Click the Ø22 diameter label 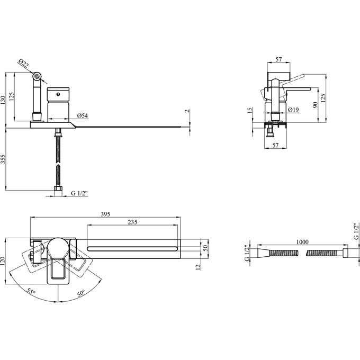tap(24, 63)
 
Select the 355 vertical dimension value tap(3, 159)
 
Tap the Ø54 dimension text tap(83, 116)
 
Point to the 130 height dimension tap(3, 100)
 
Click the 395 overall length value tap(105, 214)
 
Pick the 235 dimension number tap(132, 222)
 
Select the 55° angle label tap(31, 291)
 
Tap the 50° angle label tap(81, 293)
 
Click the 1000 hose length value tap(302, 242)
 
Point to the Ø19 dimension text tap(293, 110)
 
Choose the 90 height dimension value tap(315, 105)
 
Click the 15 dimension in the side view tap(250, 110)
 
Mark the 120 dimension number tap(3, 262)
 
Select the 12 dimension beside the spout tap(198, 266)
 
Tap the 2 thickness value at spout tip tap(187, 111)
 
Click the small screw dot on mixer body tap(58, 94)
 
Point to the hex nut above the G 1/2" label tap(58, 188)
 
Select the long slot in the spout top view tap(132, 249)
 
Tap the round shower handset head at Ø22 tap(37, 76)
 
